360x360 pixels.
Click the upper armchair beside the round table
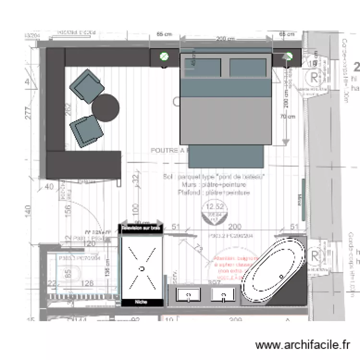tap(86, 85)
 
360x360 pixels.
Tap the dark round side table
tap(105, 108)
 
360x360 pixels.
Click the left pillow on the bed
tap(203, 68)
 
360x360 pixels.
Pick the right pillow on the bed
tap(247, 68)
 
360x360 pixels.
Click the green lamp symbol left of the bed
tap(164, 57)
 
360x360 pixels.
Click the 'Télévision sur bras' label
tap(141, 229)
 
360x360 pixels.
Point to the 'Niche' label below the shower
tap(142, 302)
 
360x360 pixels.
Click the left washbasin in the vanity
tap(188, 295)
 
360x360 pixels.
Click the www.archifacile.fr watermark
tap(303, 345)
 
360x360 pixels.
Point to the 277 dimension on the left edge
tap(28, 113)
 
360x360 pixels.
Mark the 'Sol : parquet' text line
tap(214, 177)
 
